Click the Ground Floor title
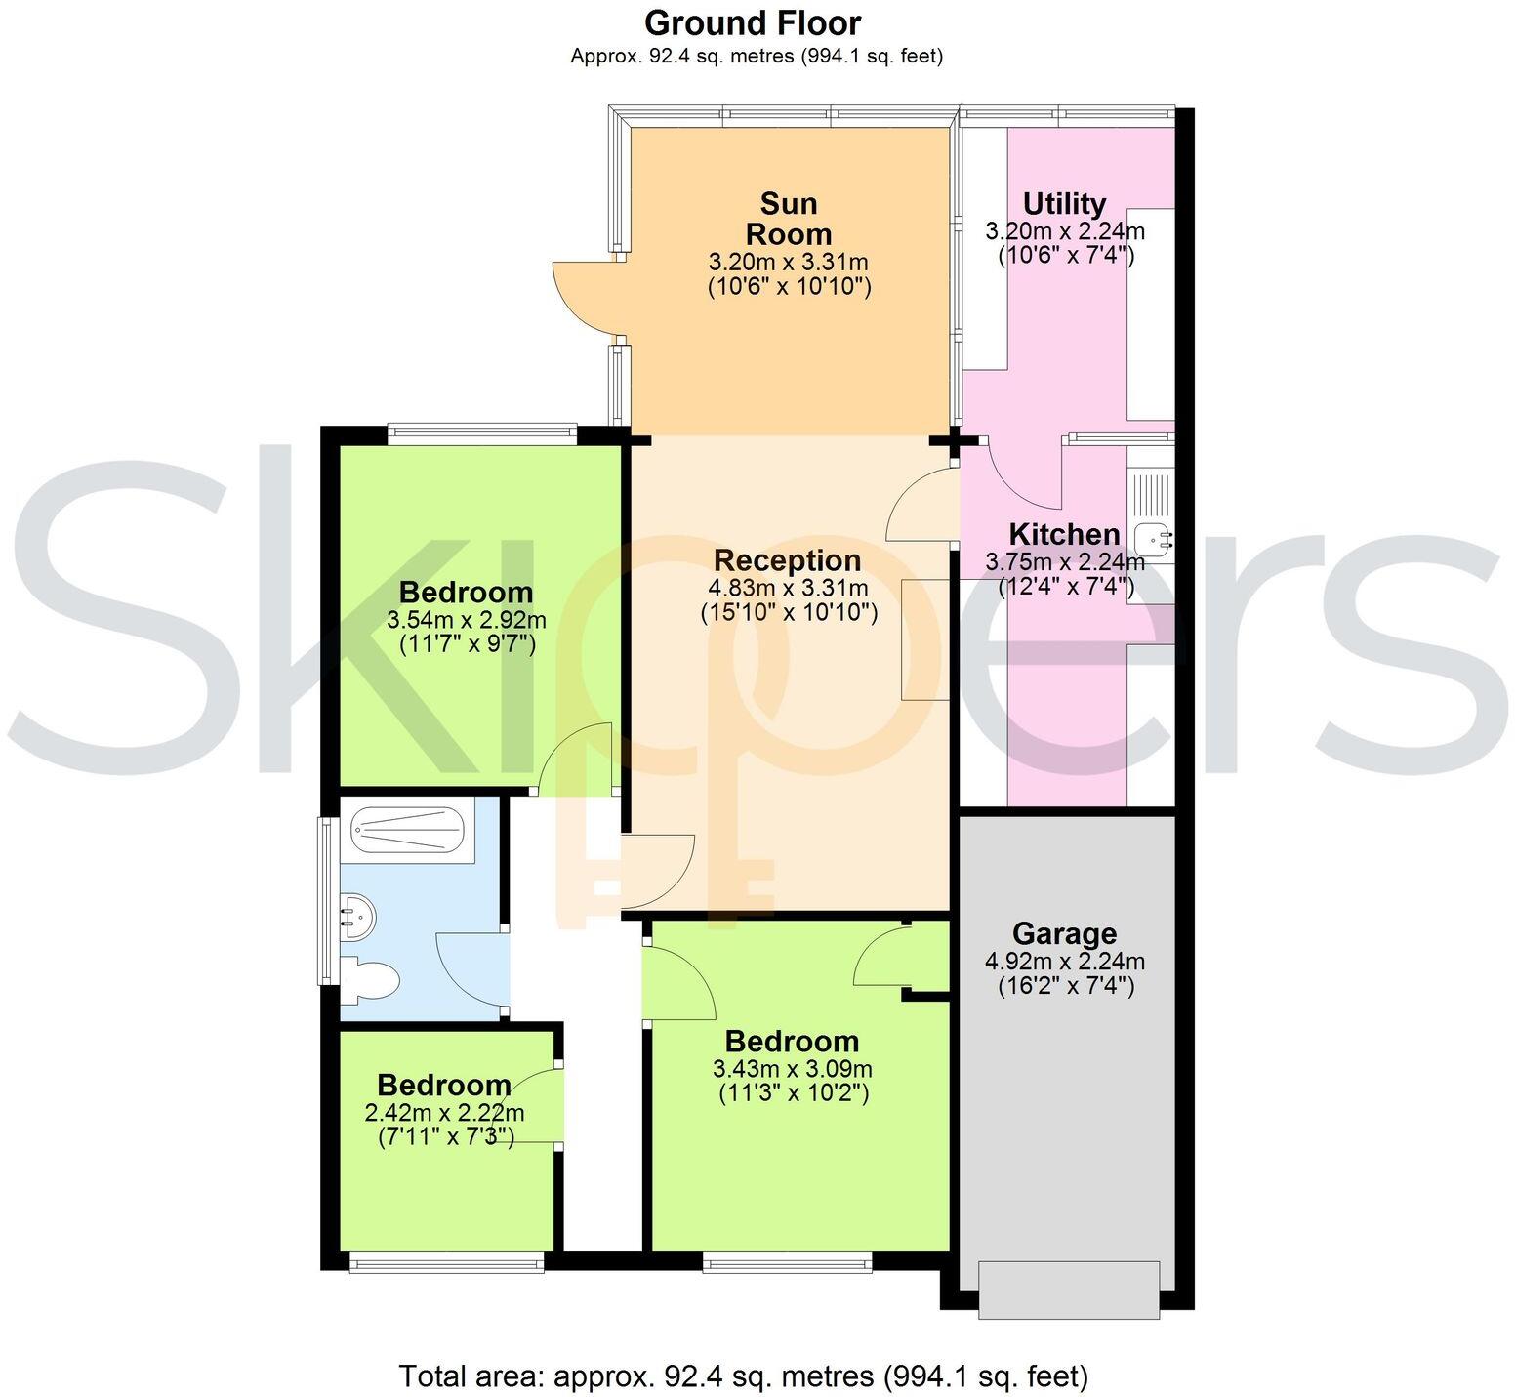753,22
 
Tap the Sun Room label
789,219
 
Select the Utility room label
1064,203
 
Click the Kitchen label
1064,534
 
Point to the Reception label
788,560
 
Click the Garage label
1064,934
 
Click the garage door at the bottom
1069,1290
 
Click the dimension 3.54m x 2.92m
467,620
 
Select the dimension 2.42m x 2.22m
444,1113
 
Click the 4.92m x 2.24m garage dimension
1065,962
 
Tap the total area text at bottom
743,1376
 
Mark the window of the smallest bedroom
446,1264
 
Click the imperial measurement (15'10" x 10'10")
789,613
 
